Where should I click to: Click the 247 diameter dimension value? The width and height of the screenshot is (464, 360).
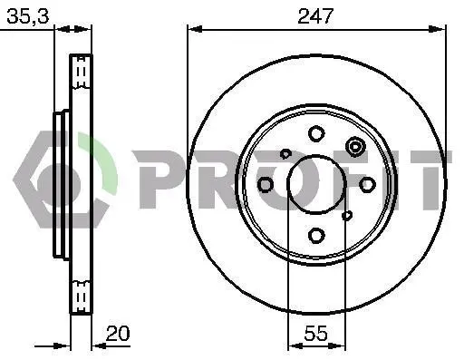tap(315, 16)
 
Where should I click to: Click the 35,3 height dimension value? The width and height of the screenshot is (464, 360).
tap(28, 16)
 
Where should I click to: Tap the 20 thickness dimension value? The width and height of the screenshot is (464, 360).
tap(118, 333)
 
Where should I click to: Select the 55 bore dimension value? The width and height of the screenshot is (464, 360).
tap(315, 333)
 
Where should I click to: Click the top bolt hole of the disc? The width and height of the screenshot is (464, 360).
tap(316, 133)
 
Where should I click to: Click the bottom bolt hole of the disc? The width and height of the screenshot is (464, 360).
tap(316, 235)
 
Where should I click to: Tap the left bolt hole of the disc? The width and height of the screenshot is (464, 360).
tap(266, 184)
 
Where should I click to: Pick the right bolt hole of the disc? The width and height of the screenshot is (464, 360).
tap(367, 184)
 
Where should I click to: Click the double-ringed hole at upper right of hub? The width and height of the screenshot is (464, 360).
tap(355, 147)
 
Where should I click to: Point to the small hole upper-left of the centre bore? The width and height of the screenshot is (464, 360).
tap(285, 153)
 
